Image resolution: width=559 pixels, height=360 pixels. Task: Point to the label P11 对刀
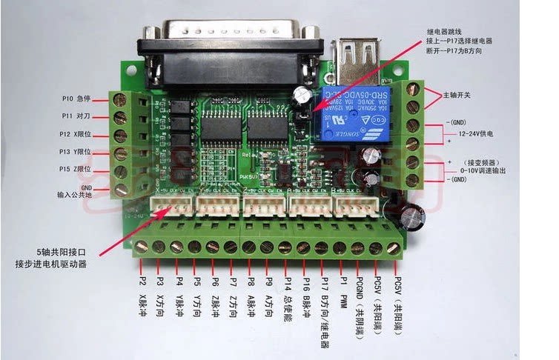click(x=76, y=116)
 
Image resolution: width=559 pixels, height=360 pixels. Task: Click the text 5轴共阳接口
click(x=60, y=253)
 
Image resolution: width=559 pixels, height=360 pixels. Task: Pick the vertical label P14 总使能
click(x=288, y=301)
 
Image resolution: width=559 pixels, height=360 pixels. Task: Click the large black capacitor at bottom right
click(x=411, y=216)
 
